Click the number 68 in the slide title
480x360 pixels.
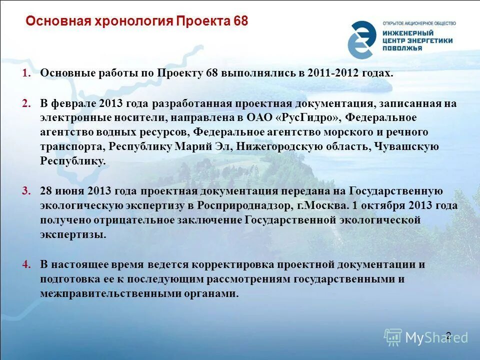point(239,21)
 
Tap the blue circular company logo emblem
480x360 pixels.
point(361,39)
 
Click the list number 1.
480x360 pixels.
point(26,73)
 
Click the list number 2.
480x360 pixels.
point(26,103)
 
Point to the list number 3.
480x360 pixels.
point(26,191)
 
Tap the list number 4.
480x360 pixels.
point(26,264)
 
